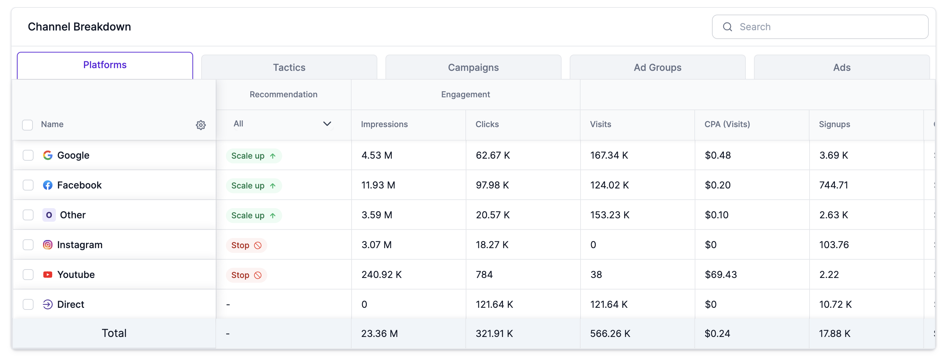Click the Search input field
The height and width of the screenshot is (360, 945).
(825, 27)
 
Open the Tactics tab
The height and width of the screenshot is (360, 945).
(289, 67)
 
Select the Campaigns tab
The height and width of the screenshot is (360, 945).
(473, 67)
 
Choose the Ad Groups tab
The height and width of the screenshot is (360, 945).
(657, 67)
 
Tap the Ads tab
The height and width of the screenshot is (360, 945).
(842, 67)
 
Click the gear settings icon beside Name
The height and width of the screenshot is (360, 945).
(201, 125)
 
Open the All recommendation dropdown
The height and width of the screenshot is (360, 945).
(282, 124)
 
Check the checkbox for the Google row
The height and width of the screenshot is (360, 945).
(28, 155)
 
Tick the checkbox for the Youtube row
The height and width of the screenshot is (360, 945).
(28, 275)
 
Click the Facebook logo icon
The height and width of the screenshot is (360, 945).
(48, 185)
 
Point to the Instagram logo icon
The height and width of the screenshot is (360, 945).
(48, 245)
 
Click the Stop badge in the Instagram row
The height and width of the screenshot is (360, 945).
(246, 245)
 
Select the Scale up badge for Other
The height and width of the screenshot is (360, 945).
(253, 215)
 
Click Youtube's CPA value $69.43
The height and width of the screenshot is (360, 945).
(720, 275)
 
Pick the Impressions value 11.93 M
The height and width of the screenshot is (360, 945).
(378, 185)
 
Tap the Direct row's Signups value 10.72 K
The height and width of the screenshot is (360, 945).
(835, 304)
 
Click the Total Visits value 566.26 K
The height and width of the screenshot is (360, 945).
(610, 333)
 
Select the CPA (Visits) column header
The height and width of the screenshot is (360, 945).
(727, 124)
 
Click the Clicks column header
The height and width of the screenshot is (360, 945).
(487, 124)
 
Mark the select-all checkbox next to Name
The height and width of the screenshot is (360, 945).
(27, 125)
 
